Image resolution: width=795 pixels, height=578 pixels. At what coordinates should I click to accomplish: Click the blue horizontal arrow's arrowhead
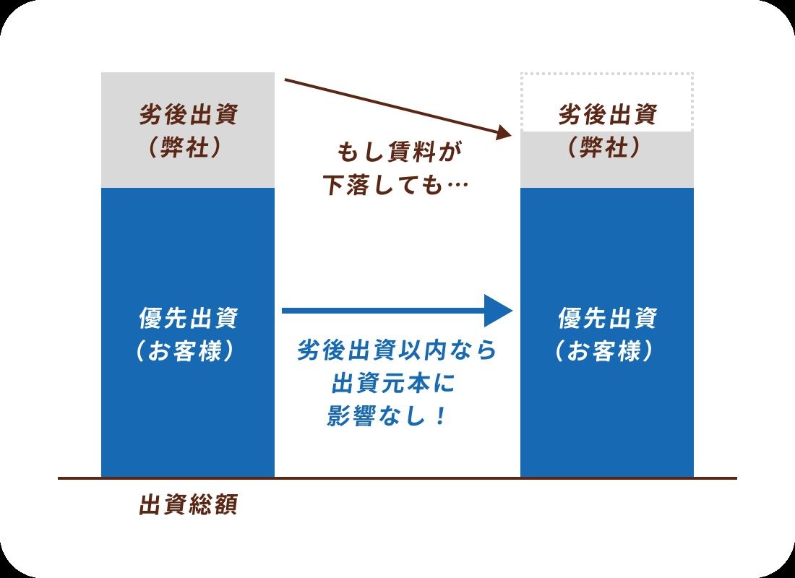tap(499, 311)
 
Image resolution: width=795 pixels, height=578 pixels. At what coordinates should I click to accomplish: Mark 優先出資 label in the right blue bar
tap(606, 318)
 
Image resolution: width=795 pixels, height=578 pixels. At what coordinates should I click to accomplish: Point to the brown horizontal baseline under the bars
tap(397, 478)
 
